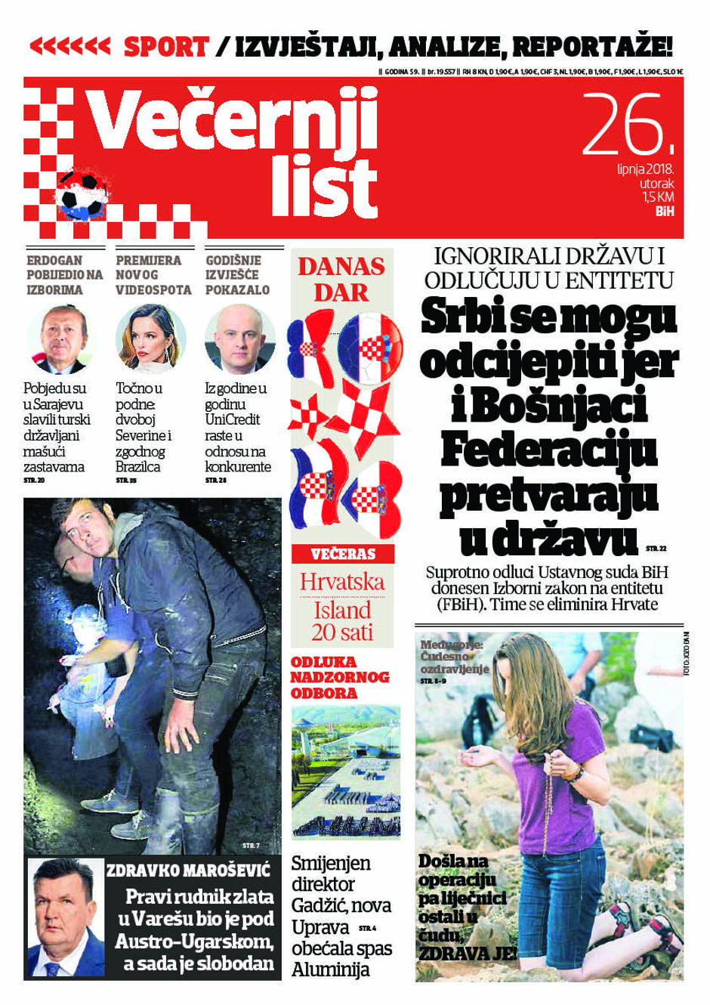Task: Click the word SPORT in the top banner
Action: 165,47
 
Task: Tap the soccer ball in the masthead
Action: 82,193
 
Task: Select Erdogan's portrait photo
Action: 63,339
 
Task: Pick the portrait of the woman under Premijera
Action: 151,339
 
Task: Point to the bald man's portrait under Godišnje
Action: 239,339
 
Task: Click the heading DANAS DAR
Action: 341,279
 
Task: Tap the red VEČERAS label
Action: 343,554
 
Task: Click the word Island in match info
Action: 342,610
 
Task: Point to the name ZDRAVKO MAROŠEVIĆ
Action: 188,870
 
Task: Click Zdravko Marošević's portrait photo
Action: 66,918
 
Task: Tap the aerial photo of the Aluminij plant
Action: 346,772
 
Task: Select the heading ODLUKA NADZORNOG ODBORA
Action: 340,677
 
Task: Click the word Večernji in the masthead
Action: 230,122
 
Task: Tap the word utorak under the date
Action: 656,184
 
